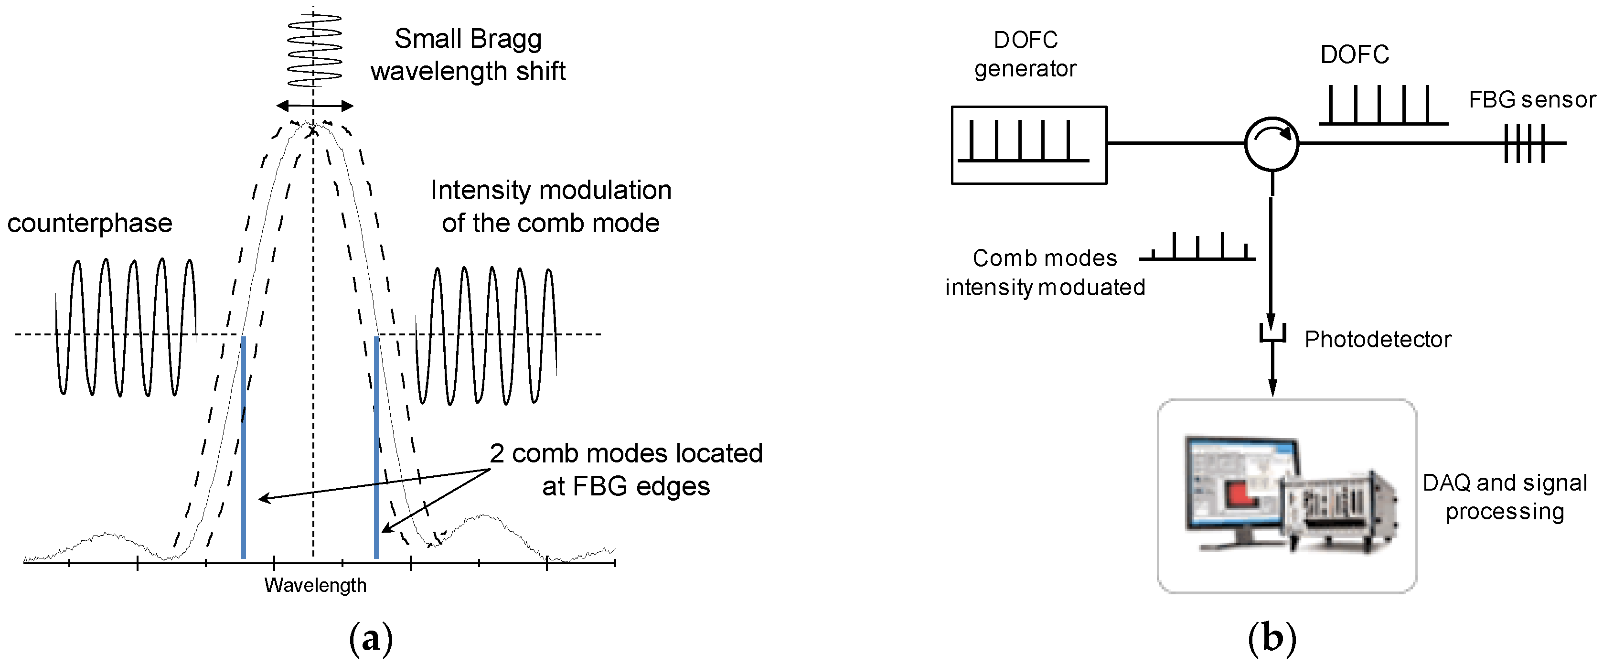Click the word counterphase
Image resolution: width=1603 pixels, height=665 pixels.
coord(90,224)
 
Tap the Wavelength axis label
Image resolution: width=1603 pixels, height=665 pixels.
coord(316,585)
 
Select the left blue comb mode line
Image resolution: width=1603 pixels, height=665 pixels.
coord(243,448)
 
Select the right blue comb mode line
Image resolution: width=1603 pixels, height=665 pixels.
coord(376,448)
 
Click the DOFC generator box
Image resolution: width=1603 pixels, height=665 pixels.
coord(1029,145)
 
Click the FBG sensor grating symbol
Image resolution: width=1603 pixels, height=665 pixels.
coord(1524,143)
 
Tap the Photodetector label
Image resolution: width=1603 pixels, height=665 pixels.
coord(1378,339)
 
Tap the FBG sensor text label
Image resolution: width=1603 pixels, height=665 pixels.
coord(1532,100)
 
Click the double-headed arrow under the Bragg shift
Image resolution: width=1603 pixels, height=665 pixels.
coord(315,106)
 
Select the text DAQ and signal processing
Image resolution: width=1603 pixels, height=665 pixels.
coord(1505,497)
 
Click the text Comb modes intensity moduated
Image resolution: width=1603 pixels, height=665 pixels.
coord(1045,273)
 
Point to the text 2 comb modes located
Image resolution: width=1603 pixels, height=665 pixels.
coord(625,453)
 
